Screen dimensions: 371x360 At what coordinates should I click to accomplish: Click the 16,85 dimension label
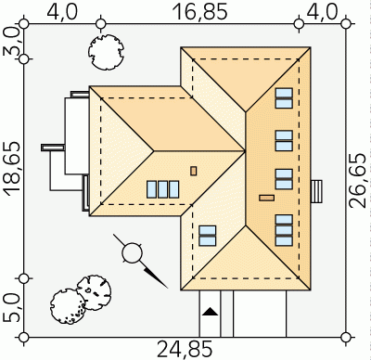coord(200,13)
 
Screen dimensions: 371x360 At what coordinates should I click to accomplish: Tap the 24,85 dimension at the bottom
coord(185,350)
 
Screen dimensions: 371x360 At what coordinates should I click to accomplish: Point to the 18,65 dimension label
coord(13,169)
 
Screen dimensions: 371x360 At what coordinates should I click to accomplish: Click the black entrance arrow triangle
coord(211,312)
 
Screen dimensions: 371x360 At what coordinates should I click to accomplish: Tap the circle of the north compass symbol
coord(133,253)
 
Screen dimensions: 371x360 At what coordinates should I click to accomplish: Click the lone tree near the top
coord(106,52)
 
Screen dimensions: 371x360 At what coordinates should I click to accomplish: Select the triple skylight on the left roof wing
coord(162,189)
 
